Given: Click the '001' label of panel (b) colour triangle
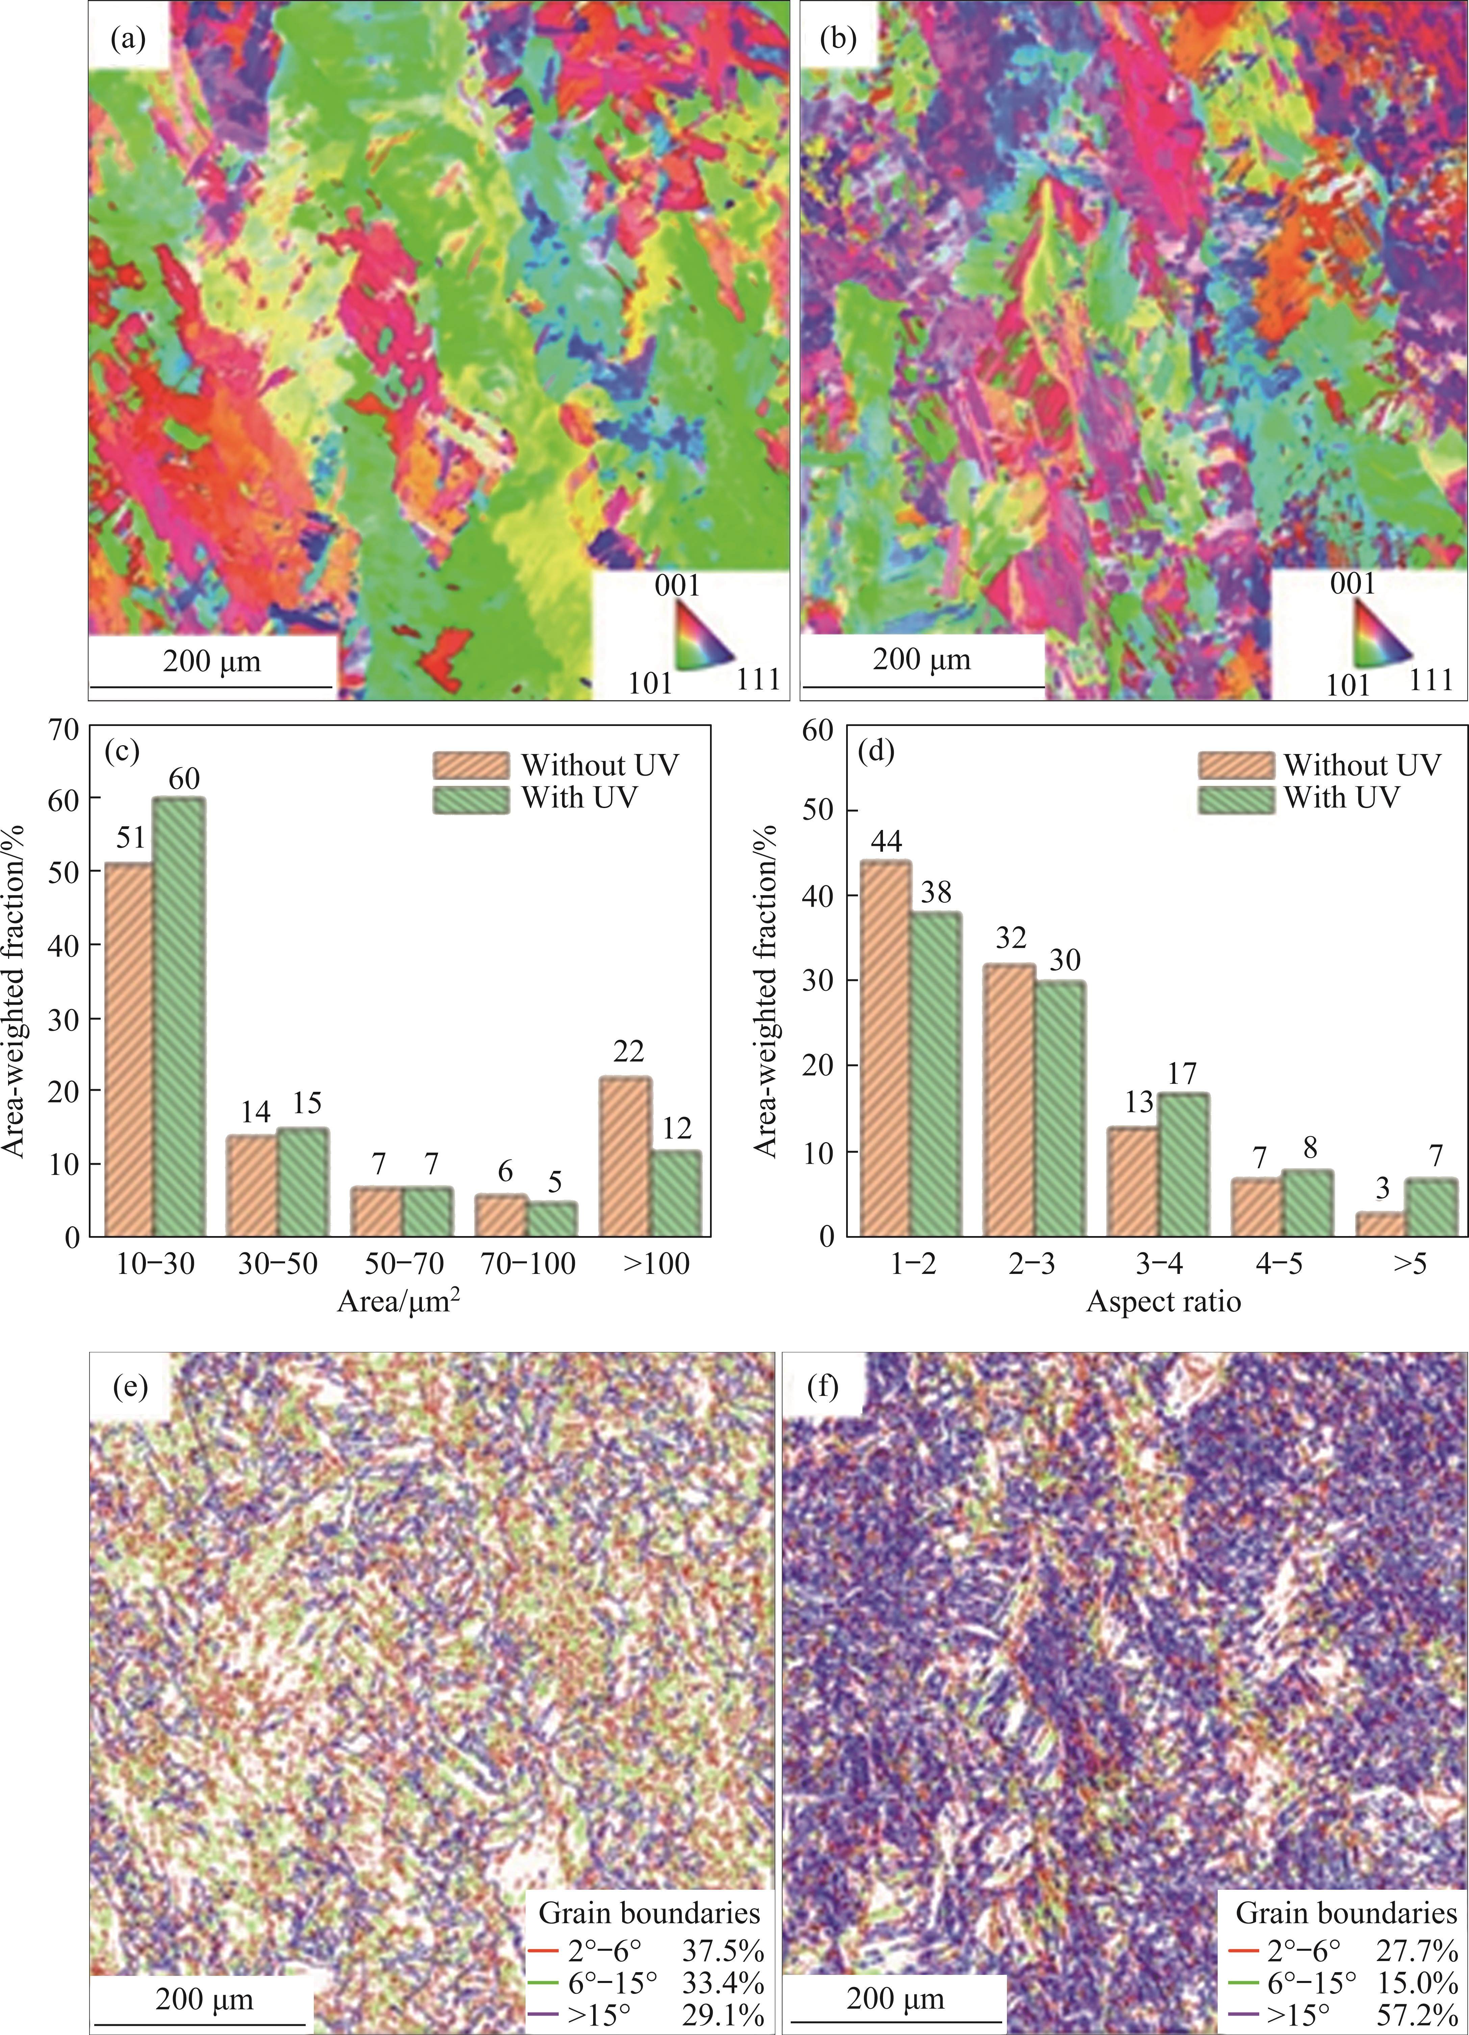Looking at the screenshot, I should point(1352,584).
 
